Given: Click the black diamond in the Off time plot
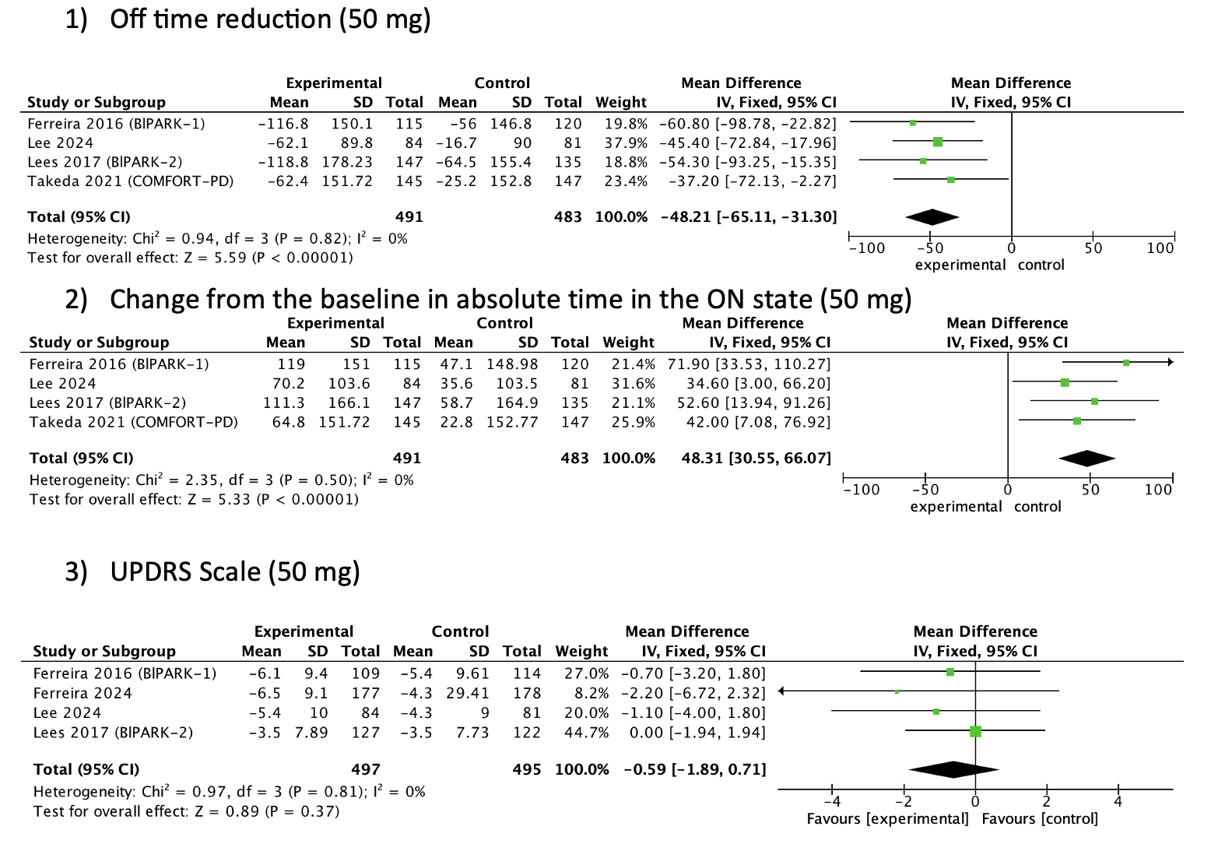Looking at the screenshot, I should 932,218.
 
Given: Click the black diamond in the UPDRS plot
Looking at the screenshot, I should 953,769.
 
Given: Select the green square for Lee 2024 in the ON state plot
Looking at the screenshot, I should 1065,382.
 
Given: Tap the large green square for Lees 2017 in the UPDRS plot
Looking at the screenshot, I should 975,731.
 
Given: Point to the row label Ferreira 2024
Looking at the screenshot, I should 82,693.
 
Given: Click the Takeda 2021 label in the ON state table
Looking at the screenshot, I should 133,422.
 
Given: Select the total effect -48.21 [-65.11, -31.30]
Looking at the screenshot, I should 749,217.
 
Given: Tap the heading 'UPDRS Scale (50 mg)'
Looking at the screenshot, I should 234,571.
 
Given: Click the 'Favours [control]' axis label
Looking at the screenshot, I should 1040,819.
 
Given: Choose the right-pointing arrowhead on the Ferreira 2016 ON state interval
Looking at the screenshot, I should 1170,362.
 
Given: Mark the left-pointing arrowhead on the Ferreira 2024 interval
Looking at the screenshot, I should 782,691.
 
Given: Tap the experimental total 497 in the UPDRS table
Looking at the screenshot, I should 365,769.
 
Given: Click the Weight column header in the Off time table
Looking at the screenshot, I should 620,102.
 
